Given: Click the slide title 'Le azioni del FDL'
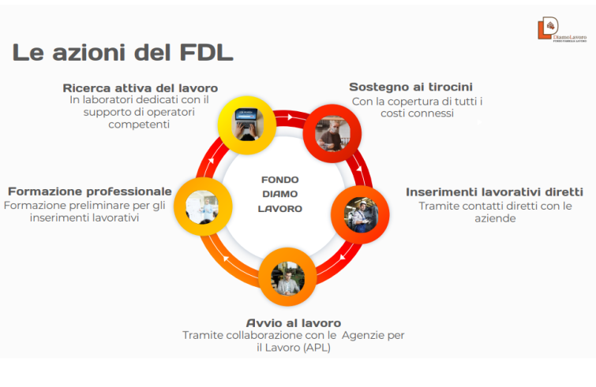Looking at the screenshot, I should tap(122, 54).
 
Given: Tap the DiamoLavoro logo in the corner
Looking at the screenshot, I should tap(561, 29).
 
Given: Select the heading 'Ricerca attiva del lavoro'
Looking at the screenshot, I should tap(140, 87).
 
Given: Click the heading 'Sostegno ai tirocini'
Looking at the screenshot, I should tap(410, 87).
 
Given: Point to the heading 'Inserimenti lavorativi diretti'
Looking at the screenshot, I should tap(494, 192).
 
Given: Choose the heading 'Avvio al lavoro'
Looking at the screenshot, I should tap(293, 322).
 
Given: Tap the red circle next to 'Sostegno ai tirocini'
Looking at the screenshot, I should tap(332, 130).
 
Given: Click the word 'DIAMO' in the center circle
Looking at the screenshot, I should tap(280, 195).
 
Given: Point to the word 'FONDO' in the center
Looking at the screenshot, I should tap(280, 180).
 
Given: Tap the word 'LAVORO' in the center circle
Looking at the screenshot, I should tap(280, 210).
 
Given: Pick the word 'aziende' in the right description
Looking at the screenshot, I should tap(495, 218).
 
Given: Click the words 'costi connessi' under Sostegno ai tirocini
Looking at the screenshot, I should tap(416, 113).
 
